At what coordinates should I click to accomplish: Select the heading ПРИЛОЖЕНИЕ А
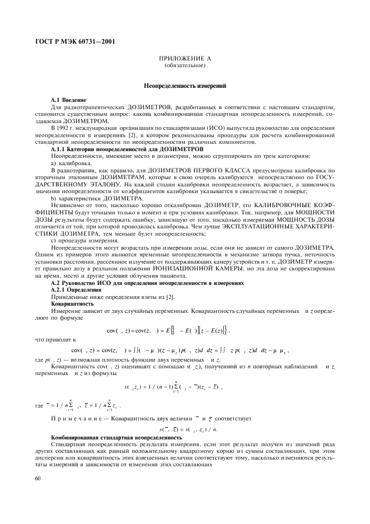(185, 59)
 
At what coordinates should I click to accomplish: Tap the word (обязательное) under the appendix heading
(185, 66)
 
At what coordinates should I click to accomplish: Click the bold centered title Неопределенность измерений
(185, 87)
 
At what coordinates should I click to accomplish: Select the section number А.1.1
(59, 149)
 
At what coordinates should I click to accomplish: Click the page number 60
(38, 479)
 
